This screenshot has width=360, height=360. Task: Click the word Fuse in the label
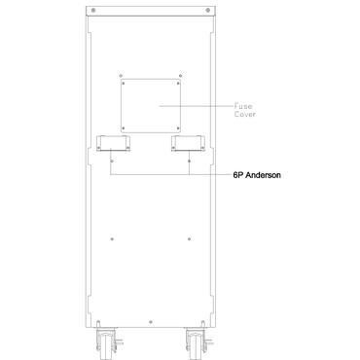pyautogui.click(x=244, y=107)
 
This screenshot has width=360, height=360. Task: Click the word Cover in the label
pyautogui.click(x=246, y=115)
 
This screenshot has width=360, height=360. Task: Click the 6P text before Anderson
pyautogui.click(x=237, y=178)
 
